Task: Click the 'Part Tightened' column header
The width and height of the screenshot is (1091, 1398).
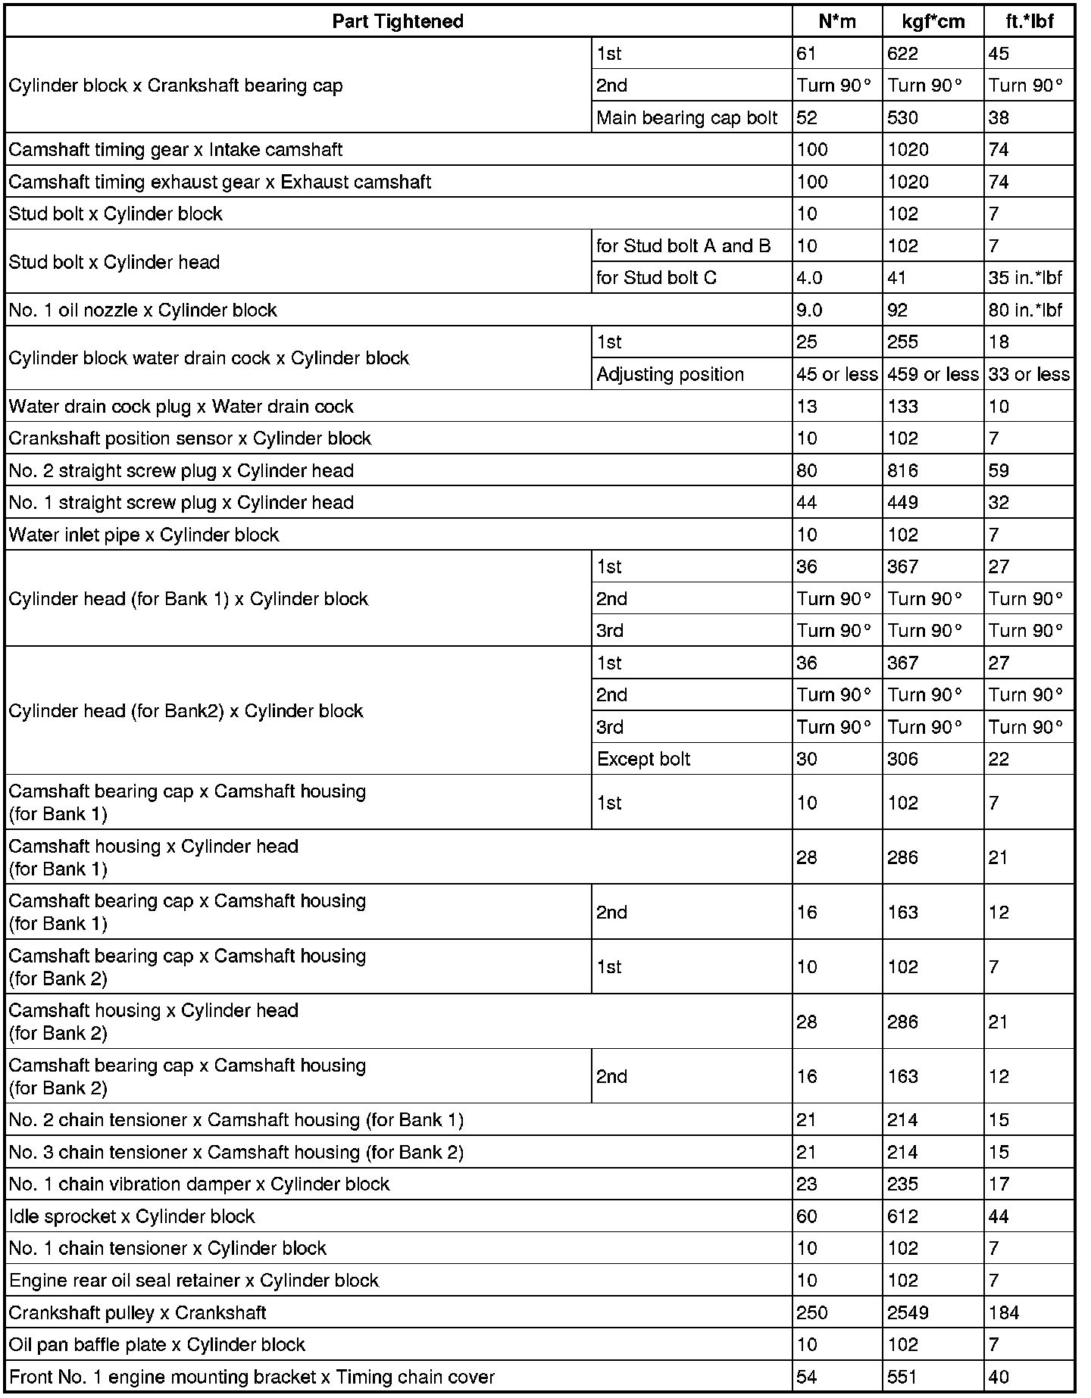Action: click(398, 21)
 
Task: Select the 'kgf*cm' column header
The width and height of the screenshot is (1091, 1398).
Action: click(933, 21)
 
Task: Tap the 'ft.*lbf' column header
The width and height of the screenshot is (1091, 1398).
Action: click(1029, 21)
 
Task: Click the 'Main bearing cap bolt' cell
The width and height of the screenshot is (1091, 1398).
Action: click(687, 117)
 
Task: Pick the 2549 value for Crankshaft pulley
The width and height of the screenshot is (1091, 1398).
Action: click(908, 1312)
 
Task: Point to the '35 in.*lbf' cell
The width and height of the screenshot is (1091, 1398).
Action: click(1025, 278)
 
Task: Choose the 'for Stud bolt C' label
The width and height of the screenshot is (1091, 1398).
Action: click(656, 278)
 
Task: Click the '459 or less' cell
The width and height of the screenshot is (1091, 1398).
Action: click(933, 374)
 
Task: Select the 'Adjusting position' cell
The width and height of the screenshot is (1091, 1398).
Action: click(670, 374)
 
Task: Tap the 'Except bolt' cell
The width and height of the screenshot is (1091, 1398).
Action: click(643, 759)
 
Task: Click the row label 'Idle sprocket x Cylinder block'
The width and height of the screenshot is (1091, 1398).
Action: click(132, 1216)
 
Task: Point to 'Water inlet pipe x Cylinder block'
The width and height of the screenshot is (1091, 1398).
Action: click(144, 535)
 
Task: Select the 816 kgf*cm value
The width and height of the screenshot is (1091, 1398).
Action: click(902, 470)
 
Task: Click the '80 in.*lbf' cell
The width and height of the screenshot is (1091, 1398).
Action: click(1025, 310)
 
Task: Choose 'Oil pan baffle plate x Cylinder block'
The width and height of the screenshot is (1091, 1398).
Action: click(157, 1344)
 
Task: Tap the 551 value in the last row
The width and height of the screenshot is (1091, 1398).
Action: click(902, 1377)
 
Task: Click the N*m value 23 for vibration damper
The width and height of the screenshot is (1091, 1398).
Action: click(807, 1184)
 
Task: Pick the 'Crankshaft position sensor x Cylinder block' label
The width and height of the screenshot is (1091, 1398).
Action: click(190, 438)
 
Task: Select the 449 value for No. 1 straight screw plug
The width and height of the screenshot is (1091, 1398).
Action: click(902, 503)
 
